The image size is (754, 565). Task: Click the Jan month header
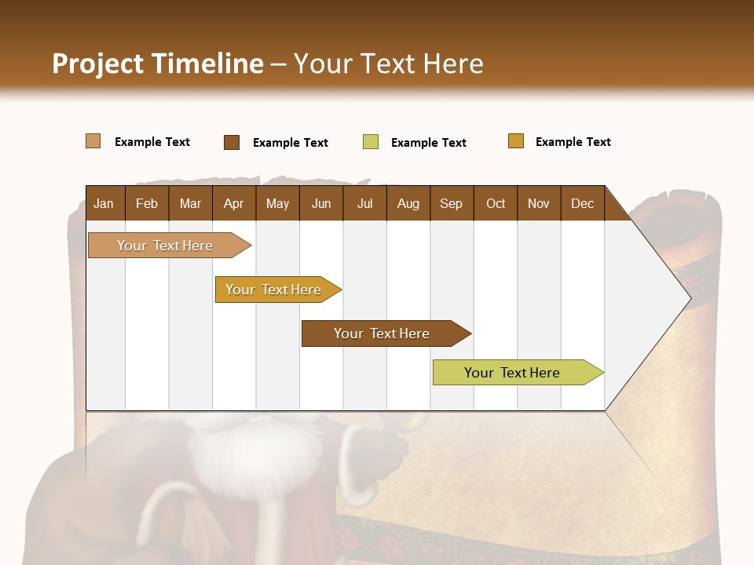click(104, 203)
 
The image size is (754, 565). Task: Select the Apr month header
click(233, 203)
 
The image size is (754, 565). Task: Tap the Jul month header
click(364, 203)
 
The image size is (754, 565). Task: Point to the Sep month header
click(451, 203)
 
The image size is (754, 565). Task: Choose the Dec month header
click(582, 203)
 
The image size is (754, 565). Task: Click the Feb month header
click(147, 203)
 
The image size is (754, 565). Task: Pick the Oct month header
click(496, 203)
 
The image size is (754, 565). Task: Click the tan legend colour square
click(93, 141)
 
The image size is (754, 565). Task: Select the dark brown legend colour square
click(232, 142)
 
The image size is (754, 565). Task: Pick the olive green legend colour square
click(371, 142)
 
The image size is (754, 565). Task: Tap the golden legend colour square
click(516, 141)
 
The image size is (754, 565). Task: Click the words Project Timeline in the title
click(158, 64)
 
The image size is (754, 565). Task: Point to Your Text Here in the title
click(389, 64)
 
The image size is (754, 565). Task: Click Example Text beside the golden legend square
click(573, 142)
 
